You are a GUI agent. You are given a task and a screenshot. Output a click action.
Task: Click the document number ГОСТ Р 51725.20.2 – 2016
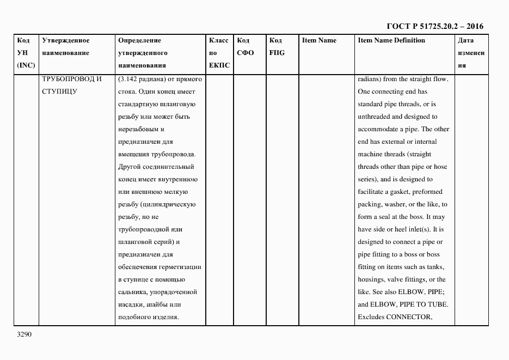pos(434,26)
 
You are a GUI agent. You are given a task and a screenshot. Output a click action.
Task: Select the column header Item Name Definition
pos(391,40)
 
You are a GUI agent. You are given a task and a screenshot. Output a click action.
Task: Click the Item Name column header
pos(319,40)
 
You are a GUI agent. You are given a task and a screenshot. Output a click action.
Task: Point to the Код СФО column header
pos(245,47)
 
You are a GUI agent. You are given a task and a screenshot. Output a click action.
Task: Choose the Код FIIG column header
pos(277,47)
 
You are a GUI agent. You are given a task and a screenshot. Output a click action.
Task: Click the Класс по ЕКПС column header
pos(218,53)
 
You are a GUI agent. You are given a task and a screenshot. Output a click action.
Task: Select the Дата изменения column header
pos(470,53)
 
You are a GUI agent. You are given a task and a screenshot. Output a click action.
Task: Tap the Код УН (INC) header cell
pos(26,53)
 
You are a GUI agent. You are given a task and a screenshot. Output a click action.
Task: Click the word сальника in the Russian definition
pos(133,292)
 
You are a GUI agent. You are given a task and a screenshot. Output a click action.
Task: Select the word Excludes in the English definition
pos(371,318)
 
